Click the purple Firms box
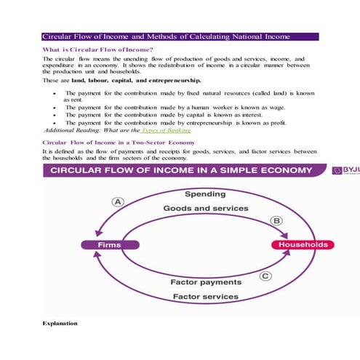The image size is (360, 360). click(109, 245)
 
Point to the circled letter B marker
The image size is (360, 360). click(276, 220)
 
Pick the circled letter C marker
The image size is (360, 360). click(265, 276)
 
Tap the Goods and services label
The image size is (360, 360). click(206, 208)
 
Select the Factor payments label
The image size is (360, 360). click(206, 281)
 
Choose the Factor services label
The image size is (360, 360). click(206, 296)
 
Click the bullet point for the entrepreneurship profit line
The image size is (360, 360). click(55, 123)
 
